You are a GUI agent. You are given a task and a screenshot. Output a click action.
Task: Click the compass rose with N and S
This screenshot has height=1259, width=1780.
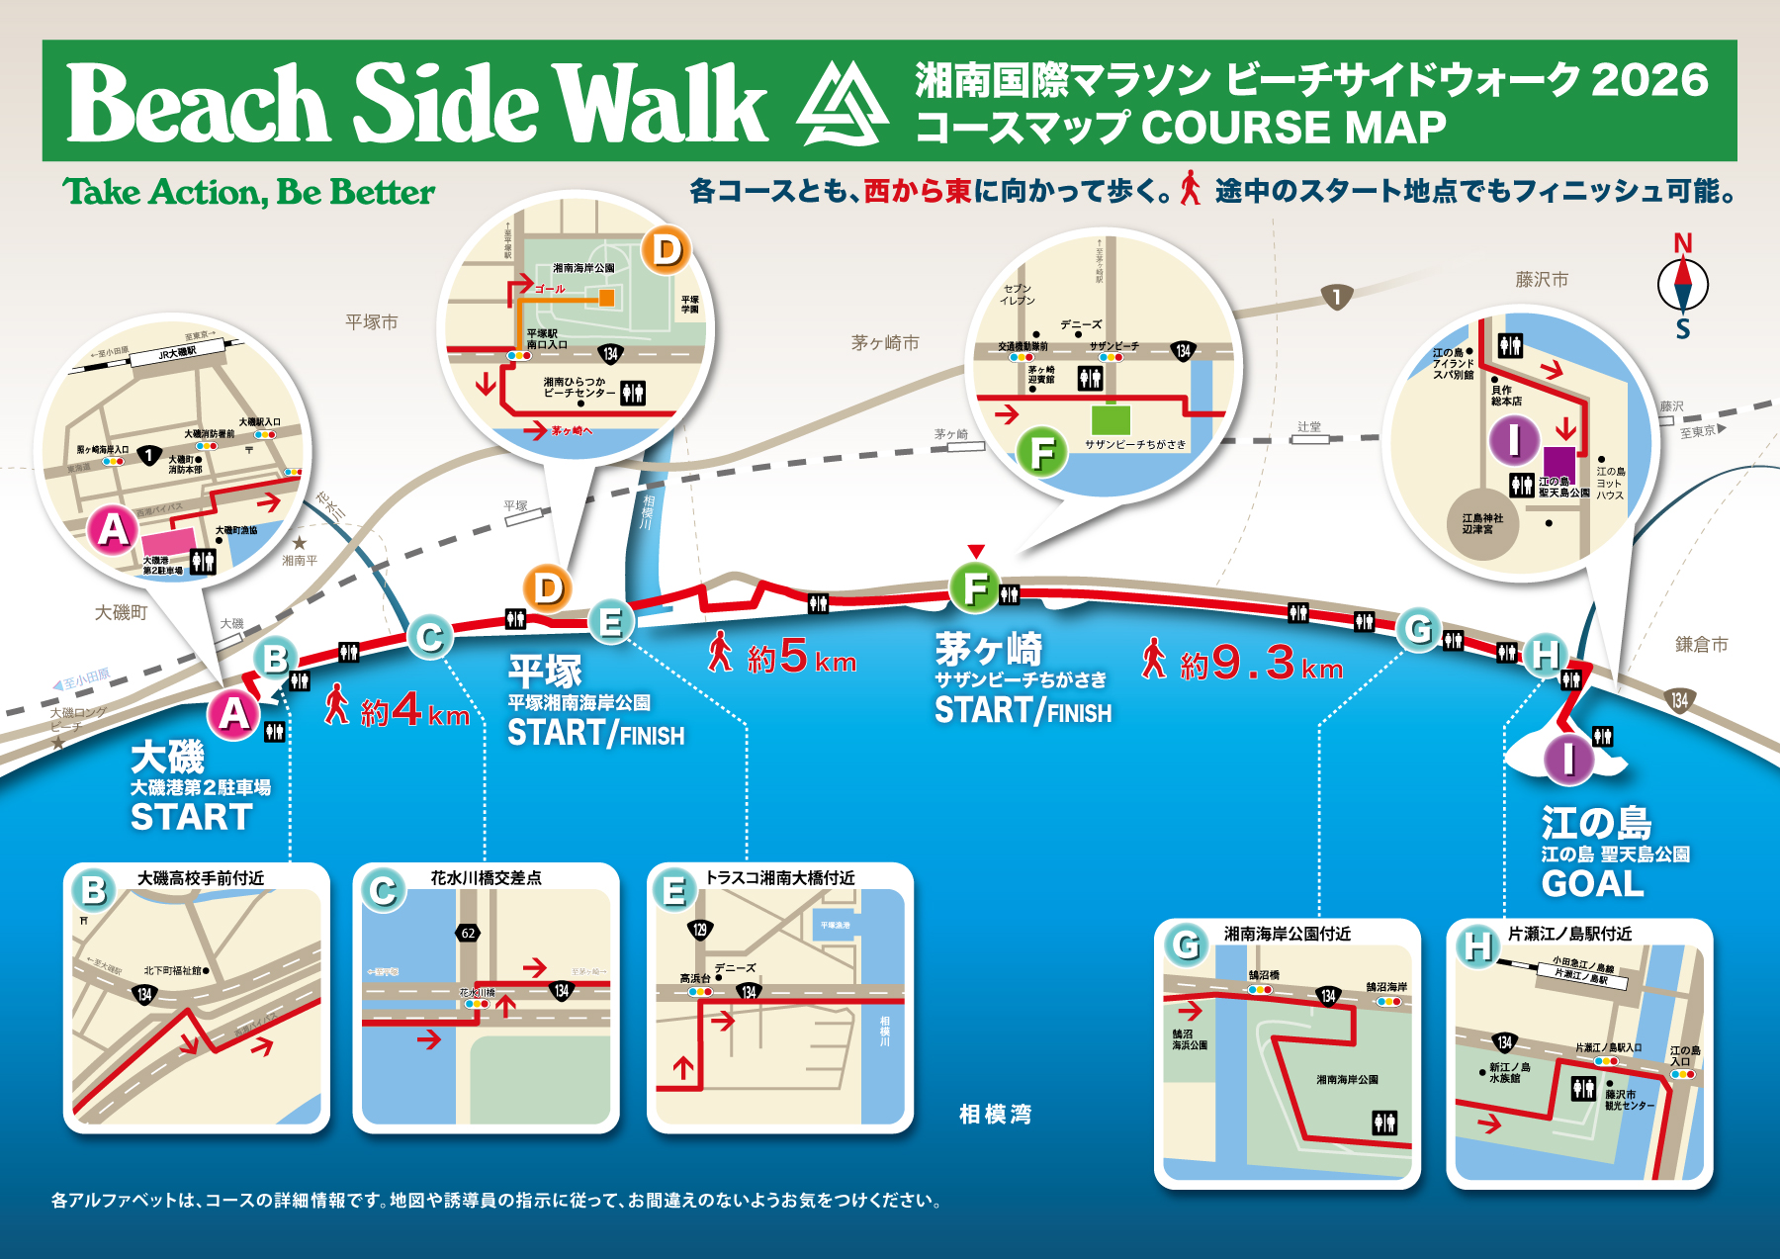pos(1682,286)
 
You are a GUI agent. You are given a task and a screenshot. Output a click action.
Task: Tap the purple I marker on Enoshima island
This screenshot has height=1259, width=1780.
pos(1568,759)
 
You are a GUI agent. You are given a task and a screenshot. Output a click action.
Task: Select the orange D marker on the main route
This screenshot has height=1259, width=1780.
pos(548,588)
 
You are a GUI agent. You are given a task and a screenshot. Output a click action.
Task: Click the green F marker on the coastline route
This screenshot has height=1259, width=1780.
pos(975,587)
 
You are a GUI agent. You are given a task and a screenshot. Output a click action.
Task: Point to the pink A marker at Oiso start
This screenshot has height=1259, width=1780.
pos(233,712)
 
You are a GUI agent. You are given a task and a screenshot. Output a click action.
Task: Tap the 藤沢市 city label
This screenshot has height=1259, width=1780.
pos(1542,280)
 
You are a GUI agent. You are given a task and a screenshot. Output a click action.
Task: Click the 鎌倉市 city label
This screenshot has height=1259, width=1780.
pos(1701,644)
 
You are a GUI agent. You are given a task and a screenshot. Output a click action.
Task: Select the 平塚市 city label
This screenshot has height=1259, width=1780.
pos(372,321)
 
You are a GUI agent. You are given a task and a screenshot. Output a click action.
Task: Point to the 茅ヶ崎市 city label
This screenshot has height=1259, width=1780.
pos(885,342)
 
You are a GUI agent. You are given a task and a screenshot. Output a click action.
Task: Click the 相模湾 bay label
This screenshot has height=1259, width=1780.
pos(995,1115)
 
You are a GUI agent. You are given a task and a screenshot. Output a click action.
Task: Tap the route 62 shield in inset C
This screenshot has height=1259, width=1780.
pos(468,933)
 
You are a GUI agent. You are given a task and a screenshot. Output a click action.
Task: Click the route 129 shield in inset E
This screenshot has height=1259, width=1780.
pos(700,930)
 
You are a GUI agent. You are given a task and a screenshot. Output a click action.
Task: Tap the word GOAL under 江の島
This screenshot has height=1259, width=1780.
pos(1592,883)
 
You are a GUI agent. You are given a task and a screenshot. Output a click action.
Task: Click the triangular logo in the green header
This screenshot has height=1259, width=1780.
pos(843,104)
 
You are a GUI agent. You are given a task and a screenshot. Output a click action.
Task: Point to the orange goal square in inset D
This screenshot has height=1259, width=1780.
pos(606,298)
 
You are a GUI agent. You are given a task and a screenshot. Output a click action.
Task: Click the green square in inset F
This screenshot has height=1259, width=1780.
pos(1111,418)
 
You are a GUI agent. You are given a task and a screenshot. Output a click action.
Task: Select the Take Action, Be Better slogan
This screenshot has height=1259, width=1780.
pos(248,192)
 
